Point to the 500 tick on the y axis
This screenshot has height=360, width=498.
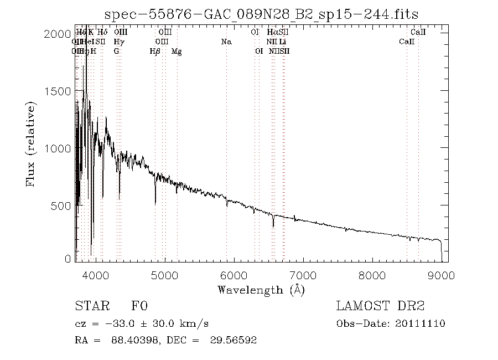pos(60,206)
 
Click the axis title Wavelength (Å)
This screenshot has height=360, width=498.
pos(261,290)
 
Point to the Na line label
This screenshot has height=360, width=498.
pos(226,42)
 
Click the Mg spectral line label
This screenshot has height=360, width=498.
pos(177,51)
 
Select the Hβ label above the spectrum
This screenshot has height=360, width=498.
pos(155,51)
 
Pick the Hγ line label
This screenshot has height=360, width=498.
pos(118,42)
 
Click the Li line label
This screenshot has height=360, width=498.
pos(282,42)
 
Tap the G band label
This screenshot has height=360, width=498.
pos(116,51)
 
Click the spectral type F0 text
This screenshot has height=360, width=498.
pos(139,306)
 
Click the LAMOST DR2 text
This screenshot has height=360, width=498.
pos(380,306)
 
